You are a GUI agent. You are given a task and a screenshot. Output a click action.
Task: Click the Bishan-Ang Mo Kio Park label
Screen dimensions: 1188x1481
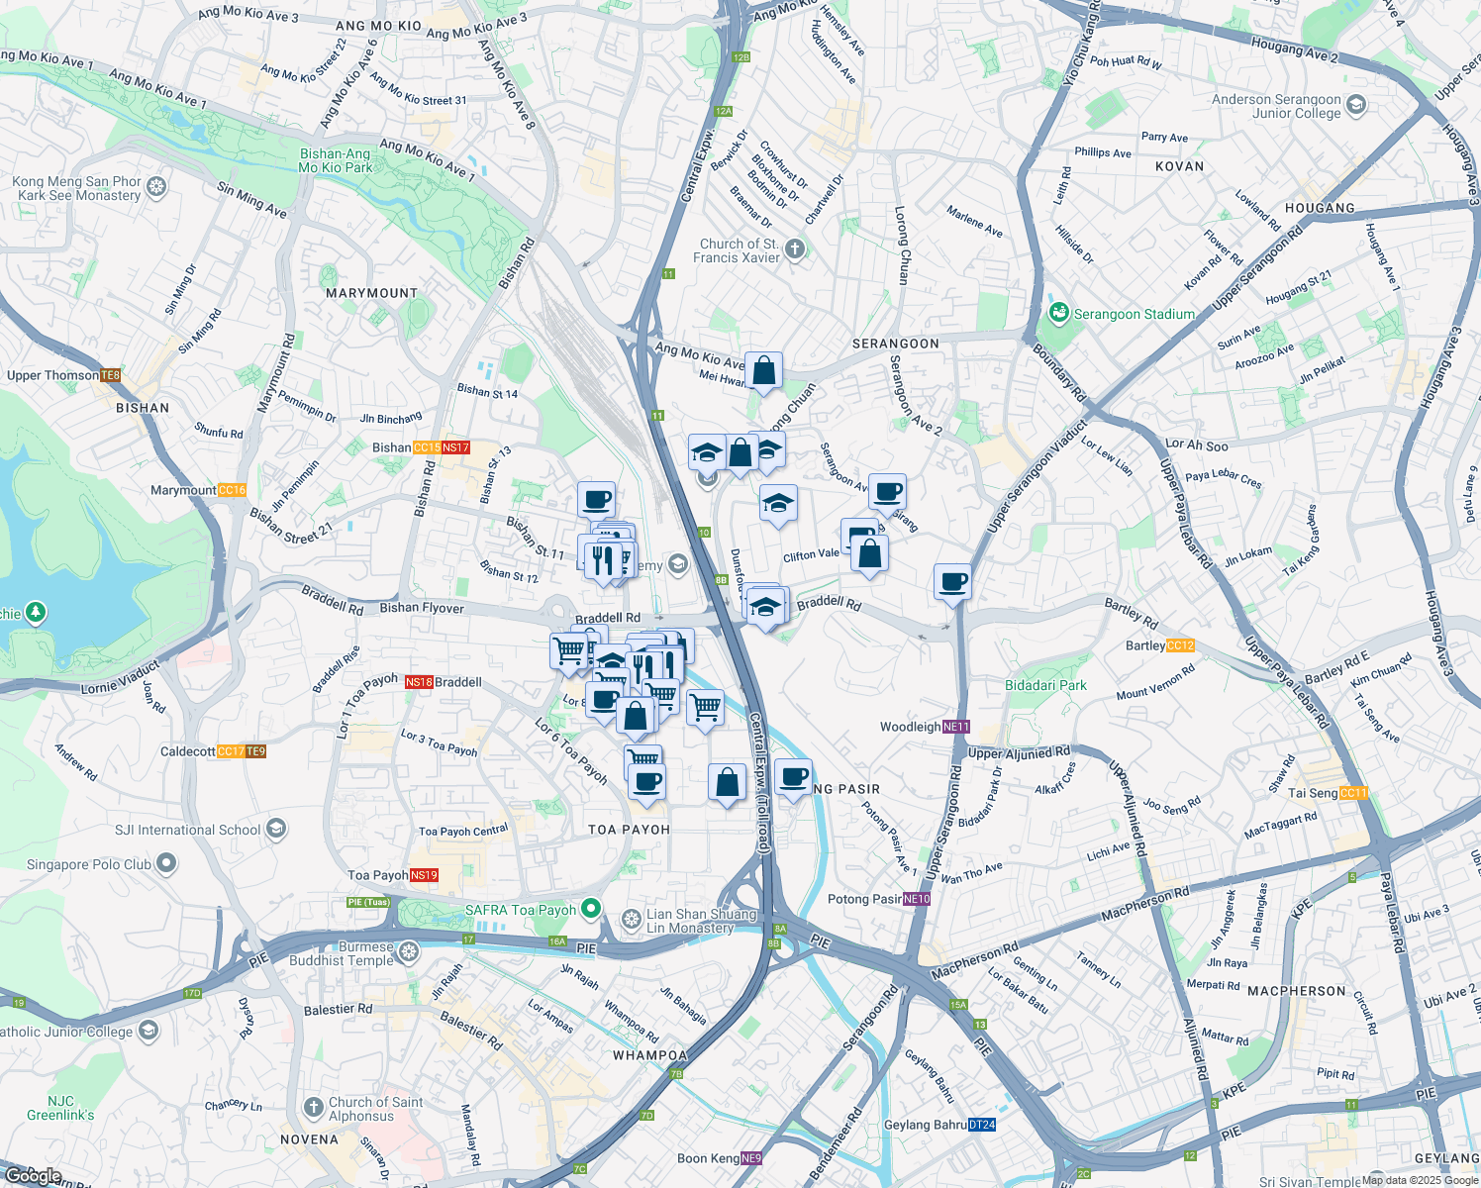[x=336, y=160]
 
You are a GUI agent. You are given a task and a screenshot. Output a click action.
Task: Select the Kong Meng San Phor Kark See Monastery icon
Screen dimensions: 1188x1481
[x=156, y=187]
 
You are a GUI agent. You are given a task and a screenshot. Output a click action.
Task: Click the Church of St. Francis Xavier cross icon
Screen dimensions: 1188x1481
[x=795, y=249]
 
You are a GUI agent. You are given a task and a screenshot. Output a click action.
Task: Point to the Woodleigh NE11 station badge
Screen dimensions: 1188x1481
[x=955, y=727]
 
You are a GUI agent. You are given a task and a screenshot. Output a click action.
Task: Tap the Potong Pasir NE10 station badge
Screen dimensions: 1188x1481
[x=917, y=899]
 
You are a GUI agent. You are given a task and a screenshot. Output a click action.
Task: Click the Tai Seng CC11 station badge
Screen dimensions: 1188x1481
[x=1353, y=793]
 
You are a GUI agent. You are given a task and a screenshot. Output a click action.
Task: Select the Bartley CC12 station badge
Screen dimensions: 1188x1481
[x=1180, y=645]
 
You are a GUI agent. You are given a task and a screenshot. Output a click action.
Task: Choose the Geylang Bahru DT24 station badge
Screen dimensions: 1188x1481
[x=981, y=1125]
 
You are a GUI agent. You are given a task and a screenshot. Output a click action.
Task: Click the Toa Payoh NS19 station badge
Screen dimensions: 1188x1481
[x=424, y=875]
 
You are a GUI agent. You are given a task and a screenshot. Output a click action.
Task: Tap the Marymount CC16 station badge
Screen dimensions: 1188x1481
[x=232, y=490]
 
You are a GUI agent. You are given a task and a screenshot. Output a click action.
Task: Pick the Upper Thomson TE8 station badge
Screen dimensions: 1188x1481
[x=110, y=375]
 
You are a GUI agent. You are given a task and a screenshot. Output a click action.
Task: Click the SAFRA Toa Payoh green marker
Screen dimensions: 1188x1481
[x=591, y=908]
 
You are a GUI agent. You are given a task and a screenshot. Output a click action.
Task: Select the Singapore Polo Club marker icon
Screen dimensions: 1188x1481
[x=166, y=864]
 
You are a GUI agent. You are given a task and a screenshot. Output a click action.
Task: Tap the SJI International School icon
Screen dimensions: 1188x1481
[x=276, y=830]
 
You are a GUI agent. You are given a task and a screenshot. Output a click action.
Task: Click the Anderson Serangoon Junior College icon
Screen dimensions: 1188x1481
[x=1356, y=105]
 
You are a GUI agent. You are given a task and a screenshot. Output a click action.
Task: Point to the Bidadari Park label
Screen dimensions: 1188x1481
[x=1045, y=685]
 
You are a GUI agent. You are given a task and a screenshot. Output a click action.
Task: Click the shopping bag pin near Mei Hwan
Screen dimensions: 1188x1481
[x=763, y=371]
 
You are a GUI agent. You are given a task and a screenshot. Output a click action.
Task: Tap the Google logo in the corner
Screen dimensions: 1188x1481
[x=33, y=1175]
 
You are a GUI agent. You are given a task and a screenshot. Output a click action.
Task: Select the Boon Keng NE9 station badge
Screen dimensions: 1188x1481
[x=751, y=1158]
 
